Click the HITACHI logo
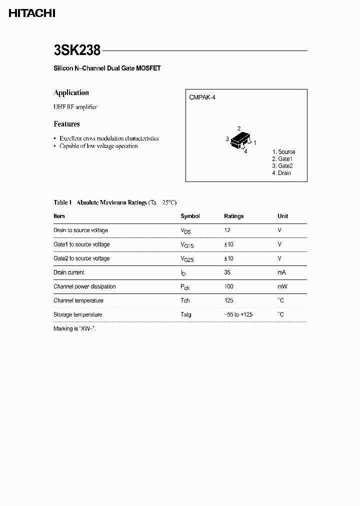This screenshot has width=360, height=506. [x=31, y=13]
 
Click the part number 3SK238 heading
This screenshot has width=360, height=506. [x=77, y=50]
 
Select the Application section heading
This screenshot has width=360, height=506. [x=71, y=93]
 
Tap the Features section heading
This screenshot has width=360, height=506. [x=66, y=124]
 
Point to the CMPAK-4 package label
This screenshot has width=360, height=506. [x=202, y=98]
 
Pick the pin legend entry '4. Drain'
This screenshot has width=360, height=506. [x=281, y=173]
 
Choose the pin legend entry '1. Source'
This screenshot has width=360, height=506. [x=283, y=152]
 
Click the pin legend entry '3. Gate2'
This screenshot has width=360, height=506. [x=282, y=166]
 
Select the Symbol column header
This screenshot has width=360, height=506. [x=190, y=216]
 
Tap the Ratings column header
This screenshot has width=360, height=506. [x=233, y=216]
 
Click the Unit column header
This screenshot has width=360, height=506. [x=282, y=216]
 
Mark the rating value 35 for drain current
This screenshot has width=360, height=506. [x=227, y=272]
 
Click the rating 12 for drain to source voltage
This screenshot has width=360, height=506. [x=227, y=230]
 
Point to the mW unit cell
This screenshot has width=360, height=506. [x=282, y=286]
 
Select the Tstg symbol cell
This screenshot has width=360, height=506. [x=185, y=314]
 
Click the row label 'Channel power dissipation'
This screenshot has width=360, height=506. [x=84, y=286]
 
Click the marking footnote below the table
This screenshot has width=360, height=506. [x=74, y=329]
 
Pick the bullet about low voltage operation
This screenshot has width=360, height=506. [x=98, y=146]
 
